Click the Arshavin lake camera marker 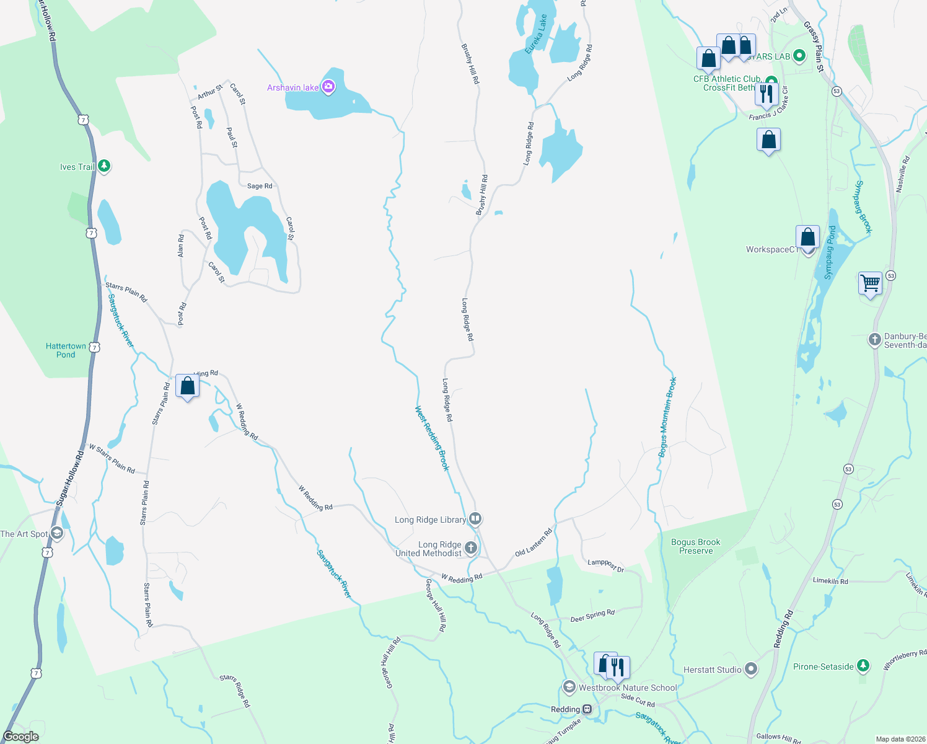click(328, 87)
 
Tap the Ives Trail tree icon click(104, 166)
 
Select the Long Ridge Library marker click(475, 518)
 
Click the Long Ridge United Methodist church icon click(471, 547)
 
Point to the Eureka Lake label click(537, 35)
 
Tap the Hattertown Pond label click(66, 350)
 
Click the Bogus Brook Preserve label click(695, 546)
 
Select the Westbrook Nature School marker click(569, 687)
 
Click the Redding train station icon click(587, 709)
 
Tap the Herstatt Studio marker click(751, 670)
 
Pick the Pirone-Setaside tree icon click(863, 666)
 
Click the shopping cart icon click(870, 283)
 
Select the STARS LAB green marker click(799, 56)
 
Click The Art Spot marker click(57, 533)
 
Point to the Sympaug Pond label click(830, 252)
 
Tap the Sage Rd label click(260, 186)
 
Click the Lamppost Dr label click(606, 565)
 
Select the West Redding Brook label click(432, 438)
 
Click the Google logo click(21, 737)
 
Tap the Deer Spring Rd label click(592, 616)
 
